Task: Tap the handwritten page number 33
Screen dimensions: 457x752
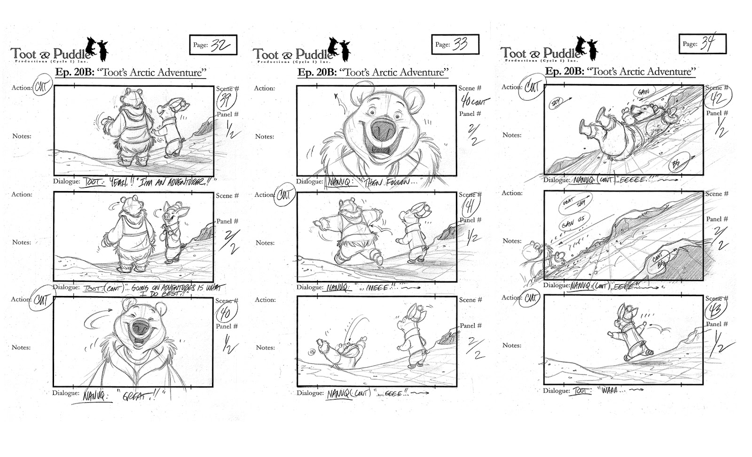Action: click(460, 44)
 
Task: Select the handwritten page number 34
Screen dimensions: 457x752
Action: click(707, 43)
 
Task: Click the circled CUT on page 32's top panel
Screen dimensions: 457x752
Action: click(42, 88)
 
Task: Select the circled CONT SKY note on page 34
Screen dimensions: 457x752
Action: click(575, 203)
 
